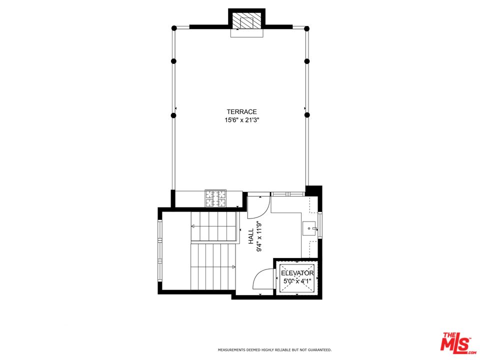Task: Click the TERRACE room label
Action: pos(241,112)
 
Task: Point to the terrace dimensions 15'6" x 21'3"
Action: pos(241,120)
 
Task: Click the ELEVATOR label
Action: pos(297,273)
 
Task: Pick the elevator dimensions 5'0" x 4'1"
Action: pos(297,281)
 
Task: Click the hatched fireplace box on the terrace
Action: pos(246,23)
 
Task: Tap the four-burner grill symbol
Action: pos(215,198)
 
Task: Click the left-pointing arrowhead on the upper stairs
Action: pos(192,226)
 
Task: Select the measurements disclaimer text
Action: pos(274,350)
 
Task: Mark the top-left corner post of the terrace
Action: pos(173,28)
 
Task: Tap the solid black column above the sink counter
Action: pos(313,191)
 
